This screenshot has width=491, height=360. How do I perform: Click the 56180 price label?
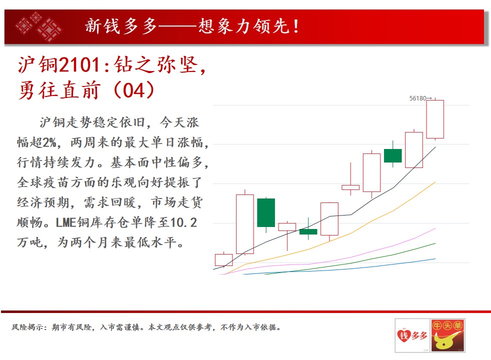[417, 98]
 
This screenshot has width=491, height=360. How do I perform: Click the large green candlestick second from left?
[266, 213]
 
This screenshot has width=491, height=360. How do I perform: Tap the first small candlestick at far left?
[223, 260]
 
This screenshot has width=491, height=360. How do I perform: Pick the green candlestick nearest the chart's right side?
[392, 155]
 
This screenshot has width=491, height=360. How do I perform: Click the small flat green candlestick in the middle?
[308, 231]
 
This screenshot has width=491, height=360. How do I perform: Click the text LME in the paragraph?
[66, 222]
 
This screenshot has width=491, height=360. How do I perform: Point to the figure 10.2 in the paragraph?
[183, 222]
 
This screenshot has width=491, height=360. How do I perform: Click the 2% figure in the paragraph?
[49, 142]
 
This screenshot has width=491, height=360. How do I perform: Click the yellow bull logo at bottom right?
[447, 335]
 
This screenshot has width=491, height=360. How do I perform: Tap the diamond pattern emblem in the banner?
[38, 26]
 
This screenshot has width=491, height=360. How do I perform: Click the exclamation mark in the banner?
[296, 26]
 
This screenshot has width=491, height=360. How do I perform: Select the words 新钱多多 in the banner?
[121, 26]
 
